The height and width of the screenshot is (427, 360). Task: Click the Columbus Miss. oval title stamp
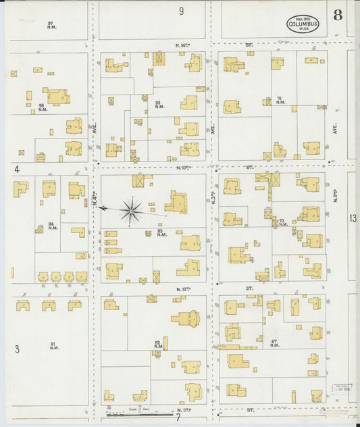coord(303,24)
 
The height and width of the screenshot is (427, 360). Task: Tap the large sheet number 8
coord(337,14)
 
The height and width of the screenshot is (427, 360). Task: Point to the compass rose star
coord(131,210)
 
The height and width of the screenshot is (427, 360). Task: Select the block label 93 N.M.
coord(159,105)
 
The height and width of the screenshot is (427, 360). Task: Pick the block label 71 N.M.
coord(280,100)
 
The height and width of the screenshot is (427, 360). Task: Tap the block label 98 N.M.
coord(42,107)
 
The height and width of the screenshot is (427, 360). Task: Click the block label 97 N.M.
coord(51,24)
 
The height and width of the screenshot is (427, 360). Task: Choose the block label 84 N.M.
coord(53,226)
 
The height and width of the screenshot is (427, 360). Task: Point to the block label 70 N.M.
coord(282,222)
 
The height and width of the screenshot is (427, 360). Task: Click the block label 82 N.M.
coord(157,345)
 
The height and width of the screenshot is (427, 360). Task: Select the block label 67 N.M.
coord(274,344)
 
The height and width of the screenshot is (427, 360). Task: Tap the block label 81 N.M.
coord(54,346)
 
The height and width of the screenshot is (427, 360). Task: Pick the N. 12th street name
coord(182,288)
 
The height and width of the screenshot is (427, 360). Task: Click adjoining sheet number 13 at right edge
coord(353,218)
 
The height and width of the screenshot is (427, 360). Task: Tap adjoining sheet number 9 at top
coord(181,11)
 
